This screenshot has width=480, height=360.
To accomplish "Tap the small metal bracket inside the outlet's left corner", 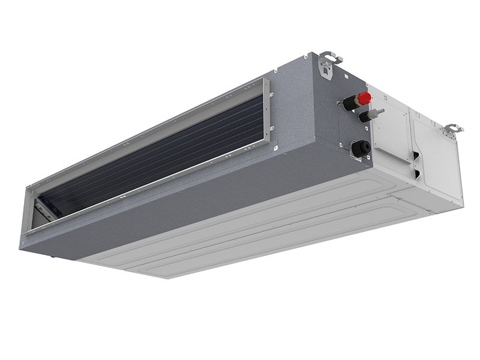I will click(x=43, y=207).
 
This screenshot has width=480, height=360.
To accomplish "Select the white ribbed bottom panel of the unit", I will click(x=270, y=228).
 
